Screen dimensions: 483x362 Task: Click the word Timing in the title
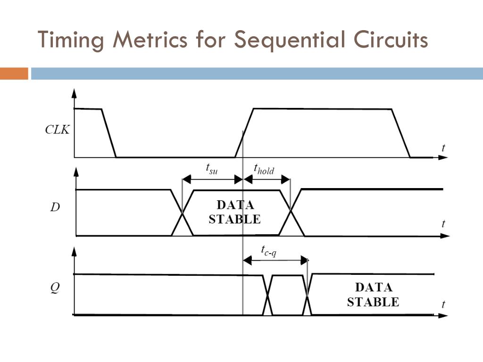coord(70,40)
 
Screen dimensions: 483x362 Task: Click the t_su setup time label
coord(212,168)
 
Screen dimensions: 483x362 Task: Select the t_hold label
coord(264,168)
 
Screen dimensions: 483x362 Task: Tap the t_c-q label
coord(269,250)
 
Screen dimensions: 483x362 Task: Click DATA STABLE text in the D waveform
coord(234,212)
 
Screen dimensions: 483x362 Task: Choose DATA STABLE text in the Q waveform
coord(373,295)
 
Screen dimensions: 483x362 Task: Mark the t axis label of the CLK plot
coord(443,148)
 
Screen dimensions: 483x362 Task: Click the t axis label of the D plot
coord(443,223)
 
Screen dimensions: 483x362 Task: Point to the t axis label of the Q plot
coord(443,304)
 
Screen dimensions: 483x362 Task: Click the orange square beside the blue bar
coord(14,74)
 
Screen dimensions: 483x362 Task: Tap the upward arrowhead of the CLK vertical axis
coord(74,92)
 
